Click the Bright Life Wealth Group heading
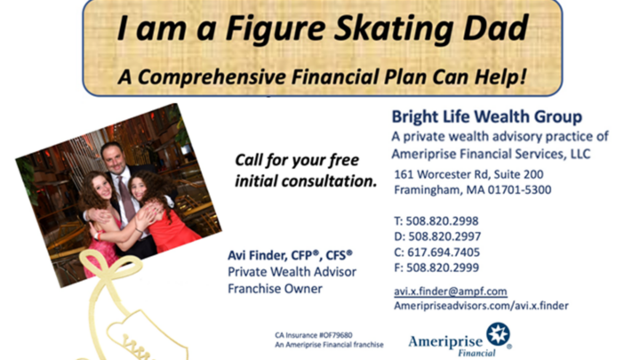pyautogui.click(x=487, y=116)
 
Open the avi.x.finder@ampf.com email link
pyautogui.click(x=451, y=292)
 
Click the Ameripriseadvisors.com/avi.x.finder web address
pyautogui.click(x=481, y=306)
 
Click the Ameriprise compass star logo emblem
pyautogui.click(x=498, y=333)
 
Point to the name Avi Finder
pyautogui.click(x=258, y=255)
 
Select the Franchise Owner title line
pyautogui.click(x=275, y=289)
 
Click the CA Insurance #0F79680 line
pyautogui.click(x=314, y=335)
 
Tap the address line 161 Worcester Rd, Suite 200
pyautogui.click(x=468, y=175)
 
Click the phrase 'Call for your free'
pyautogui.click(x=297, y=160)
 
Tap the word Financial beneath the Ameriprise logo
pyautogui.click(x=476, y=353)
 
